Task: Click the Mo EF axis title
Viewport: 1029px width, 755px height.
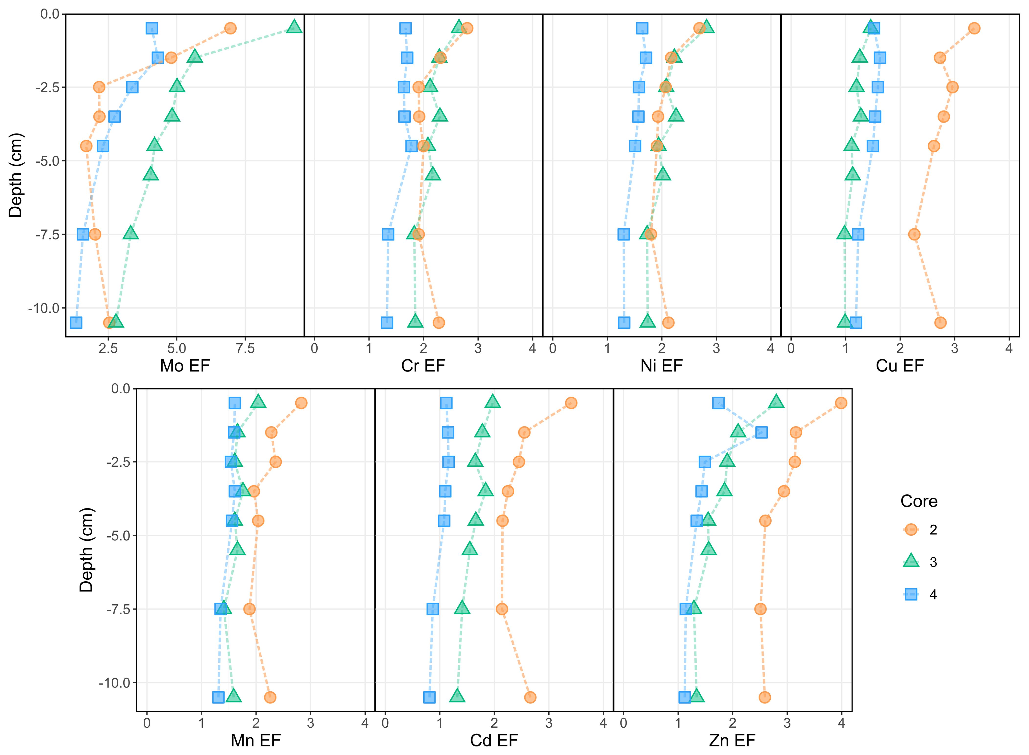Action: [185, 366]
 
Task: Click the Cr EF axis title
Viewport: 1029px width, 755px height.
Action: [423, 366]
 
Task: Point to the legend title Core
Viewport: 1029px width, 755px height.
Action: [919, 501]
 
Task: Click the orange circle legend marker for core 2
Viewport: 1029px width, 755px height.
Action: [911, 530]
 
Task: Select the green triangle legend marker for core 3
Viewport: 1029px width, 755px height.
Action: [911, 561]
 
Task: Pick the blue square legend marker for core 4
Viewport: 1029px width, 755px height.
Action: [911, 594]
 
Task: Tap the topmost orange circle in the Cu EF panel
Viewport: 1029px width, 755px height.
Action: [974, 28]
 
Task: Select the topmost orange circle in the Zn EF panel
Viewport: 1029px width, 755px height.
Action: [841, 403]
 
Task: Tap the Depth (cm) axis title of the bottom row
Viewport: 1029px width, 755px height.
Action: [86, 550]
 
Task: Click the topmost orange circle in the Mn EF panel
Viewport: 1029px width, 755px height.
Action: [301, 403]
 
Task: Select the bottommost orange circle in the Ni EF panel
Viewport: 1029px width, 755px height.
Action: [668, 323]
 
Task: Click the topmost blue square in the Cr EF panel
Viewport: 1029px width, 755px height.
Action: [405, 28]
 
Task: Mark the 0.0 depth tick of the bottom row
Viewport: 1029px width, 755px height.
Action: [121, 389]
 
